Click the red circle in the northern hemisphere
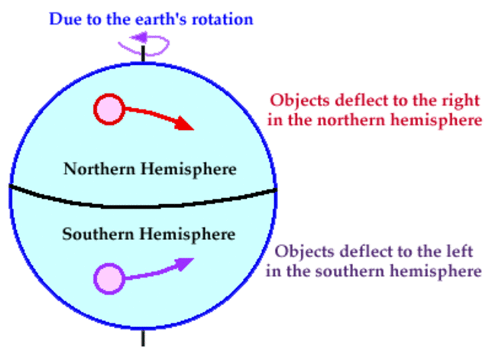point(108,109)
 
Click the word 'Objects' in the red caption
point(297,101)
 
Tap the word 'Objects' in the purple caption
point(302,252)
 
